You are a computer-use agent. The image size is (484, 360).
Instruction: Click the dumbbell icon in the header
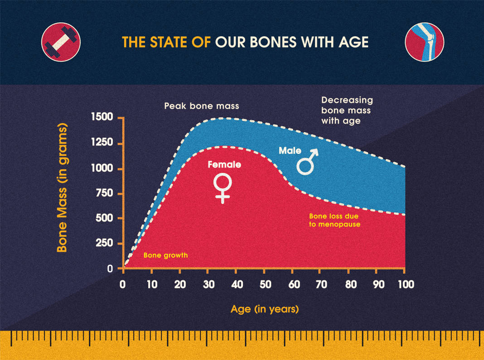click(61, 42)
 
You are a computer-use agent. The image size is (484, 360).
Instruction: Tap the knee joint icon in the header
click(424, 42)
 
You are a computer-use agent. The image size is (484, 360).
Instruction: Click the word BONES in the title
click(267, 43)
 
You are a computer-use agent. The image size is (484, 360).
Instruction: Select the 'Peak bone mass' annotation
click(201, 106)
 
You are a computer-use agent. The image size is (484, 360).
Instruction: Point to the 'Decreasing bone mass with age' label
click(346, 110)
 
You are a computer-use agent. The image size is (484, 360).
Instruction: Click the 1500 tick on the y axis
click(103, 118)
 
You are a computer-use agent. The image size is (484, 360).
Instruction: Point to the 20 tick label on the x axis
click(179, 285)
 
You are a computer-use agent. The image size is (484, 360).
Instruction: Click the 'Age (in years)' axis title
click(265, 310)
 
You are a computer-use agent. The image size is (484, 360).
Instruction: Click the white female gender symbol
click(223, 188)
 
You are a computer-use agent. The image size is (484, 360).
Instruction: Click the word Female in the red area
click(224, 165)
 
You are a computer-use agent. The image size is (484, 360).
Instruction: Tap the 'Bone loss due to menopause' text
click(334, 220)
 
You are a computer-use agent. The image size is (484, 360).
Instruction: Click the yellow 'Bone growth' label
click(165, 255)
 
